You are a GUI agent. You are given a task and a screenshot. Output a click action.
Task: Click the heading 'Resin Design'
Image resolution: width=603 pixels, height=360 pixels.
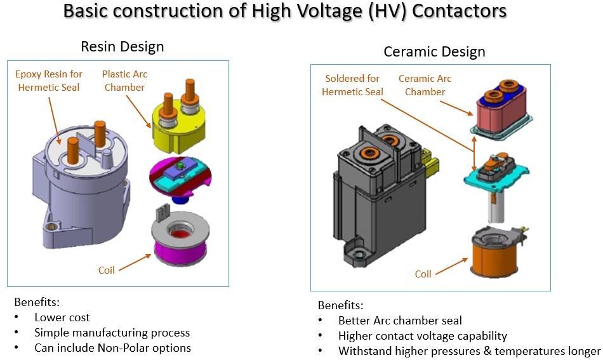[122, 46]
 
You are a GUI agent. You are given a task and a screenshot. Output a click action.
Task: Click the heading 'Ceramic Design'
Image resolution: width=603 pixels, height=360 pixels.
[434, 51]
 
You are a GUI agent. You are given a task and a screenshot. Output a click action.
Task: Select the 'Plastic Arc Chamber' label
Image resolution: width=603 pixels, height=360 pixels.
[124, 81]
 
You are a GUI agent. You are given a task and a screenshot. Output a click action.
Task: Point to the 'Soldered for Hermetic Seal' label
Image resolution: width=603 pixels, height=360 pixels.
[352, 85]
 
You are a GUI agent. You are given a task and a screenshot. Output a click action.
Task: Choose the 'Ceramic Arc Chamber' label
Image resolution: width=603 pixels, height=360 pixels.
[425, 85]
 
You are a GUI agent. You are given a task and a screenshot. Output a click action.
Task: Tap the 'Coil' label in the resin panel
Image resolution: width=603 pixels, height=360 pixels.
[107, 270]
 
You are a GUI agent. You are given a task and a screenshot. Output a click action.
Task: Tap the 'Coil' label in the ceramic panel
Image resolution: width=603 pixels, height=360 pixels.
[423, 274]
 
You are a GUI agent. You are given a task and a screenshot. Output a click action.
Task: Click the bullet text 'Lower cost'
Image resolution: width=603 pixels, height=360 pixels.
[62, 317]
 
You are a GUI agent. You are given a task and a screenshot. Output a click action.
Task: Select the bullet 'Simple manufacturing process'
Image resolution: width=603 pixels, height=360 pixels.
[112, 332]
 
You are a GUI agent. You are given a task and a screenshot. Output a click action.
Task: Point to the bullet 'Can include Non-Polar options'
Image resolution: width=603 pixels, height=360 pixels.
[112, 347]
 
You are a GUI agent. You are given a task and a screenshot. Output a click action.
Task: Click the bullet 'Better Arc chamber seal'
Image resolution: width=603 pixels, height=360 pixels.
[400, 321]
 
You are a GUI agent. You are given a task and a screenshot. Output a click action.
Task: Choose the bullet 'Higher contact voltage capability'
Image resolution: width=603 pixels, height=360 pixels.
[422, 336]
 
